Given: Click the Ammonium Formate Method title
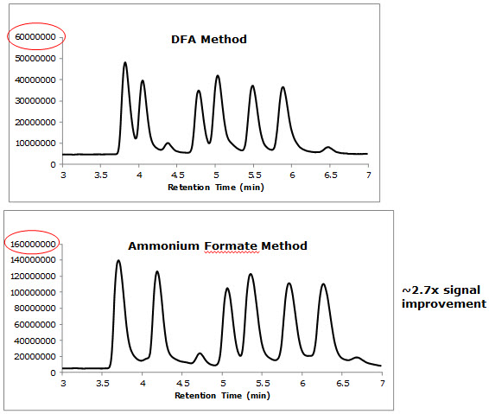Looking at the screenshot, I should point(217,245).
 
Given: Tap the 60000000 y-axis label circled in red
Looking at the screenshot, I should point(36,37).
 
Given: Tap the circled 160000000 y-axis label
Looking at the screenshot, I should point(34,245).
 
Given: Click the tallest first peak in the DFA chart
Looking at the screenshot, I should point(125,63).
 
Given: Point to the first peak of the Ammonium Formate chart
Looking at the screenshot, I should point(118,261).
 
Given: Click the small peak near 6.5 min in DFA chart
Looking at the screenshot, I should point(327,148).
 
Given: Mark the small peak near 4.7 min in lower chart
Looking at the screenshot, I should point(200,353).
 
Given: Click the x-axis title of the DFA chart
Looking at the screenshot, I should point(215,186).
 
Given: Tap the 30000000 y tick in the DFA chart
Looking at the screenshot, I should point(36,100).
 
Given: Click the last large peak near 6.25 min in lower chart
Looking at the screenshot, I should point(324,284).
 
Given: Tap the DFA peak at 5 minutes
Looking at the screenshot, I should point(218,76).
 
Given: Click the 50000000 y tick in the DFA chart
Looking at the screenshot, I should point(36,58).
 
